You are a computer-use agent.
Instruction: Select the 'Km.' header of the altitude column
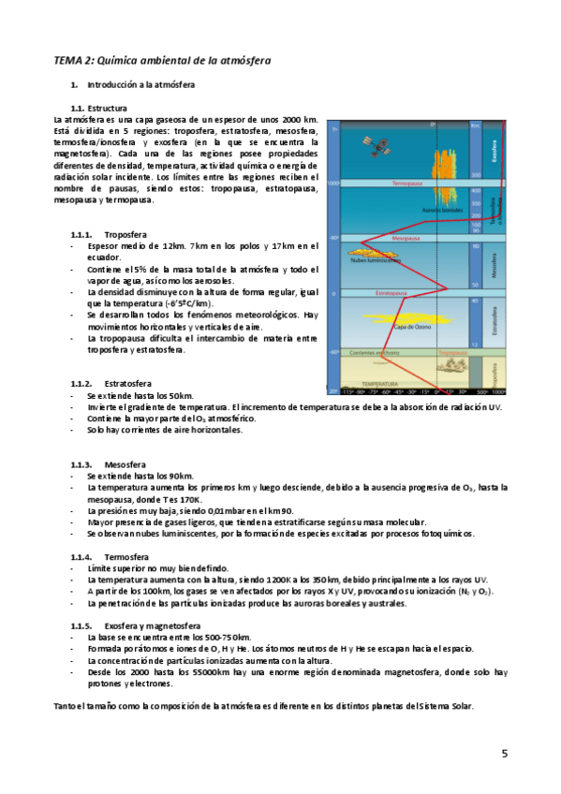tap(476, 125)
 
